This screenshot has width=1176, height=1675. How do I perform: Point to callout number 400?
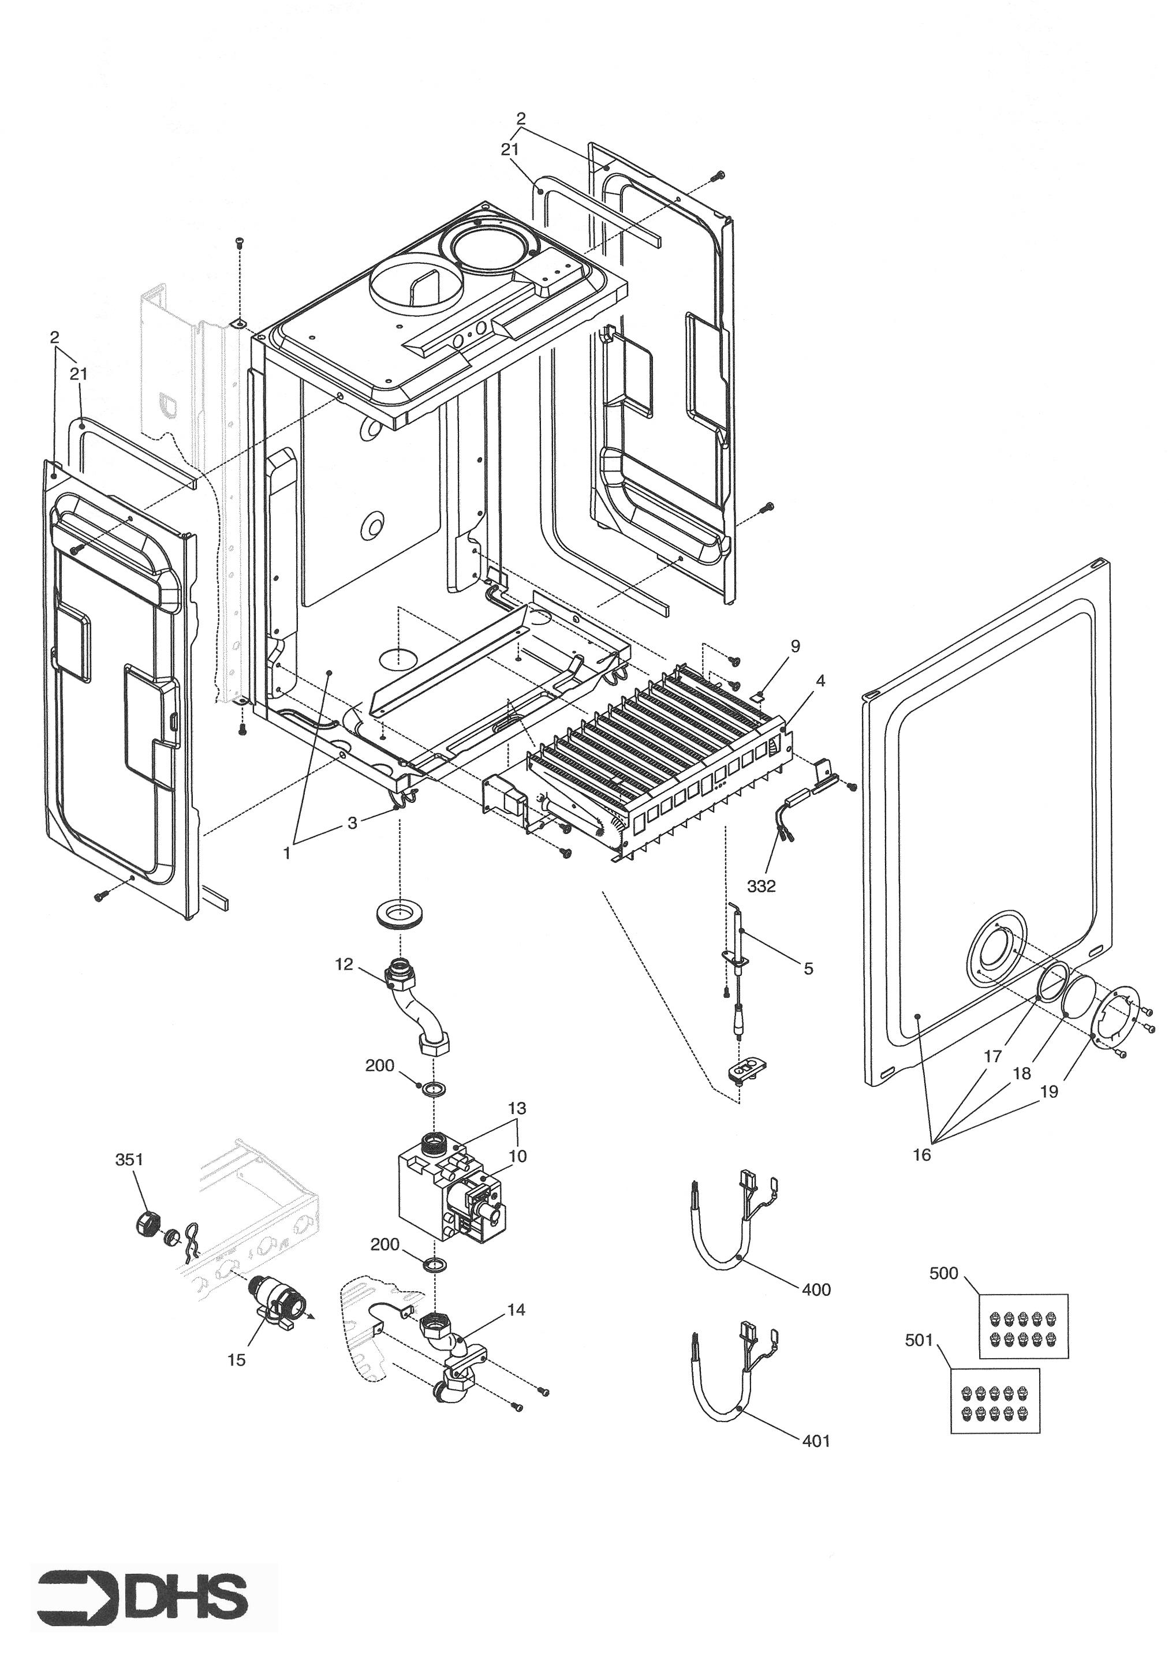point(816,1290)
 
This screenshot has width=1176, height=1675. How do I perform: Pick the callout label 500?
point(943,1273)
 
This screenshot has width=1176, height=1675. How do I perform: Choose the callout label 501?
point(919,1340)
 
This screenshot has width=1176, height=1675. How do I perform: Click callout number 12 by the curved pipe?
point(344,964)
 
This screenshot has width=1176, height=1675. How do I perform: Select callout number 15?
point(236,1360)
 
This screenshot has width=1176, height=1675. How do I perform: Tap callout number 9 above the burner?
point(795,646)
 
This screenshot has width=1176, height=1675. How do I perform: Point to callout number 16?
point(922,1155)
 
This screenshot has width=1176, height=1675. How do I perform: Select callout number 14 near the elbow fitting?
point(516,1310)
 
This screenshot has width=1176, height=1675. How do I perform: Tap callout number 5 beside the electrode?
point(808,969)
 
